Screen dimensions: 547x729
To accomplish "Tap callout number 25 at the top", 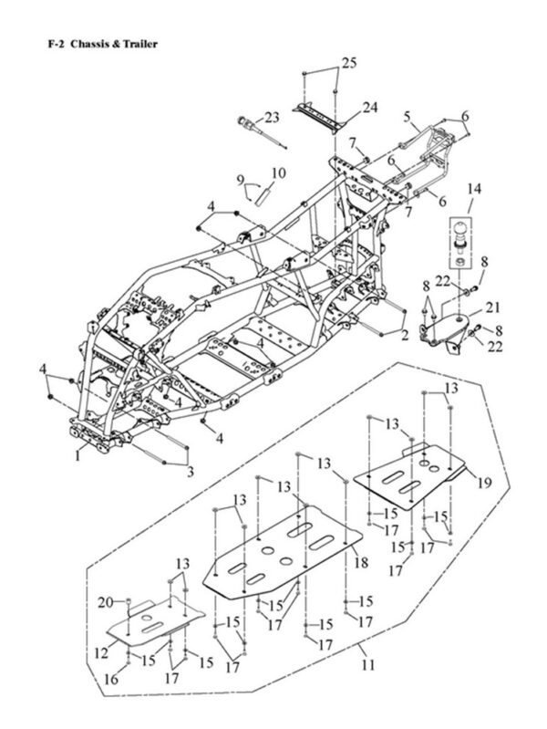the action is [x=349, y=63].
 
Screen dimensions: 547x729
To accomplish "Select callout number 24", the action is [x=370, y=108].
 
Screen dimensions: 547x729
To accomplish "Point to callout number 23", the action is [x=272, y=117].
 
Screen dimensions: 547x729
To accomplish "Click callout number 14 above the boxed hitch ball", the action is [x=474, y=189].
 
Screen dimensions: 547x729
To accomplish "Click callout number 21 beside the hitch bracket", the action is [x=492, y=307].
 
